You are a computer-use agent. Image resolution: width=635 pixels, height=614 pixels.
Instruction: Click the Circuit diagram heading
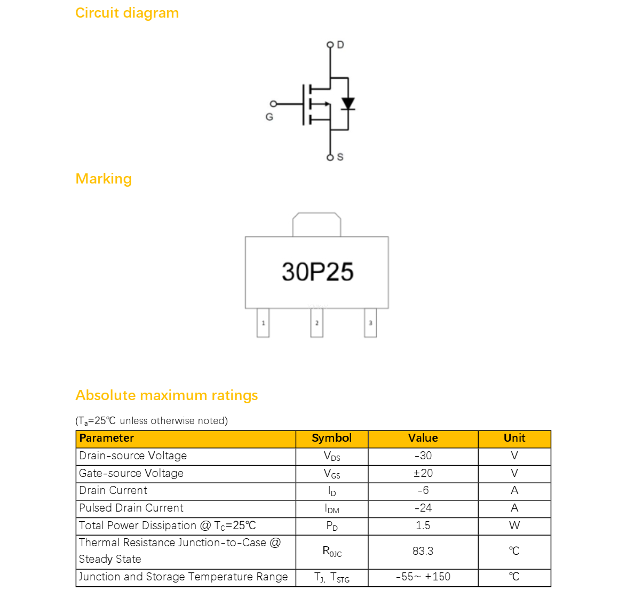(x=127, y=13)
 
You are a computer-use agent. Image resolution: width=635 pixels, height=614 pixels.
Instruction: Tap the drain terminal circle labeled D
(x=330, y=44)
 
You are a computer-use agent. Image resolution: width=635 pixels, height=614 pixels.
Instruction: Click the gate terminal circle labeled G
(x=273, y=104)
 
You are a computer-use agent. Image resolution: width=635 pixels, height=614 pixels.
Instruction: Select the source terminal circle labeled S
(x=330, y=157)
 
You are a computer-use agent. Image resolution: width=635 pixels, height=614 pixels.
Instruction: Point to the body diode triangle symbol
(x=348, y=103)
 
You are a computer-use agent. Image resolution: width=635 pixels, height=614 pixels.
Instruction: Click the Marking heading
(x=104, y=179)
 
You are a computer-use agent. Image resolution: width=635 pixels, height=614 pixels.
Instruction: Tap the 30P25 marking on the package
(x=317, y=272)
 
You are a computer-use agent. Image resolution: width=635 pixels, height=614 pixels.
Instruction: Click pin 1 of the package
(x=263, y=323)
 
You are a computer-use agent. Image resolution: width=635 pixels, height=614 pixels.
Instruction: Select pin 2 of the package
(x=316, y=323)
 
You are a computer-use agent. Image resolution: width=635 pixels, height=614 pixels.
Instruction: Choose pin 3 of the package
(x=370, y=323)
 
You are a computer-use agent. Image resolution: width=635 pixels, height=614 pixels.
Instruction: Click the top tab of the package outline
(x=316, y=224)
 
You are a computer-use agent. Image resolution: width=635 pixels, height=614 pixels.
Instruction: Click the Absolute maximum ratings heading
(x=166, y=395)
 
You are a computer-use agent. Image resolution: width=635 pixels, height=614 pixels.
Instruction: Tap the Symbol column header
(x=332, y=438)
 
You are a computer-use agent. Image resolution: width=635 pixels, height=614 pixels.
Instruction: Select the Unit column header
(x=514, y=438)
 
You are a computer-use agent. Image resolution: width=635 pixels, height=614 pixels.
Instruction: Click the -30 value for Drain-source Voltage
(x=423, y=456)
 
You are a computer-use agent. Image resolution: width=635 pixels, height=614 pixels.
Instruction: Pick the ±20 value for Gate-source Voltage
(x=423, y=473)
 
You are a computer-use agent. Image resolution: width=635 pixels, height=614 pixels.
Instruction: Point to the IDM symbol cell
(x=332, y=509)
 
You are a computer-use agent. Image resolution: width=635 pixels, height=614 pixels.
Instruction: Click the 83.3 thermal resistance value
(x=423, y=551)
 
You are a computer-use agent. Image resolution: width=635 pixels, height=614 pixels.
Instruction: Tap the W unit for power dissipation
(x=514, y=525)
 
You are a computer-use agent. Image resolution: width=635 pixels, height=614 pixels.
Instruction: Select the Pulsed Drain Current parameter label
(x=131, y=508)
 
